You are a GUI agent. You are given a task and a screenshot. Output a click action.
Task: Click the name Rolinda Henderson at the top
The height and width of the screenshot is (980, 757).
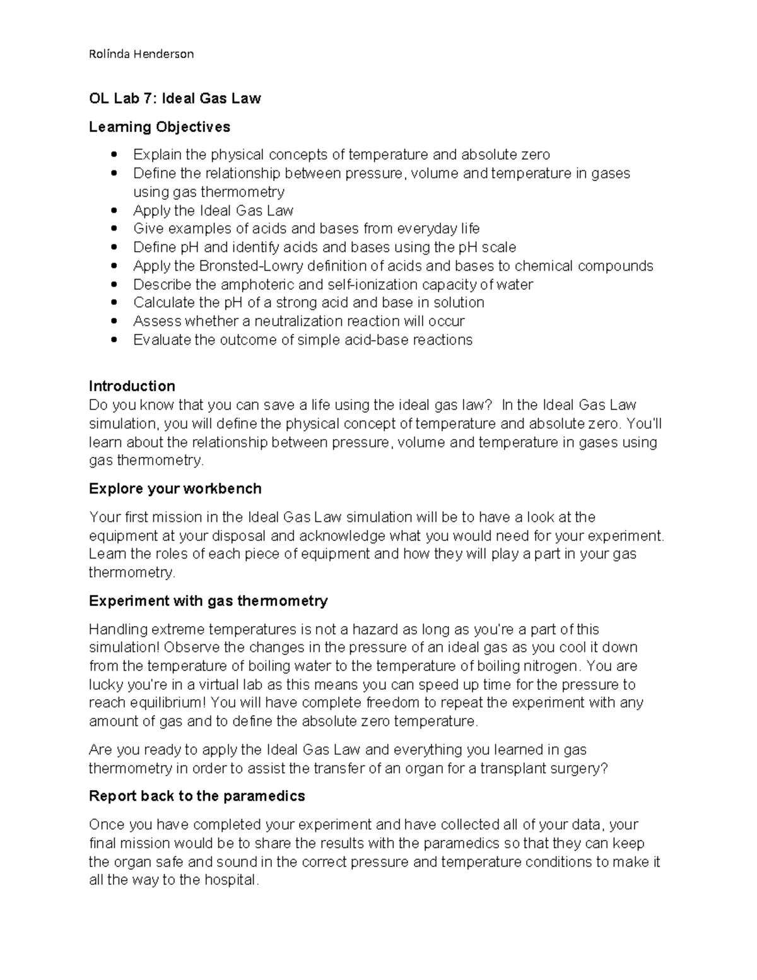click(x=141, y=54)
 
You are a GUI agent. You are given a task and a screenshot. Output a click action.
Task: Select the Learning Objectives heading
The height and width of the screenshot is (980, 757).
click(x=159, y=127)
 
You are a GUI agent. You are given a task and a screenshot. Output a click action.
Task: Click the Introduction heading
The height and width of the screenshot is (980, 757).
click(x=132, y=386)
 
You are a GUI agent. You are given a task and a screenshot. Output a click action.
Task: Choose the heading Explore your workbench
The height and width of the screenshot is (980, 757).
click(x=175, y=489)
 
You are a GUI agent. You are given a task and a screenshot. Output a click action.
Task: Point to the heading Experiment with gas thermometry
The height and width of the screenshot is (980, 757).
click(x=208, y=601)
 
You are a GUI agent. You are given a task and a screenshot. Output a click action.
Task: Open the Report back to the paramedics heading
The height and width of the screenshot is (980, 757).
click(x=197, y=796)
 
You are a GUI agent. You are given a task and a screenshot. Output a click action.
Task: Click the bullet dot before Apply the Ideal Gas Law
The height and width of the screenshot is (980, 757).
click(x=114, y=210)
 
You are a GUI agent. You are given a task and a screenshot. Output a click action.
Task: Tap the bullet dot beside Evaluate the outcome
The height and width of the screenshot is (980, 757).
click(x=114, y=340)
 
